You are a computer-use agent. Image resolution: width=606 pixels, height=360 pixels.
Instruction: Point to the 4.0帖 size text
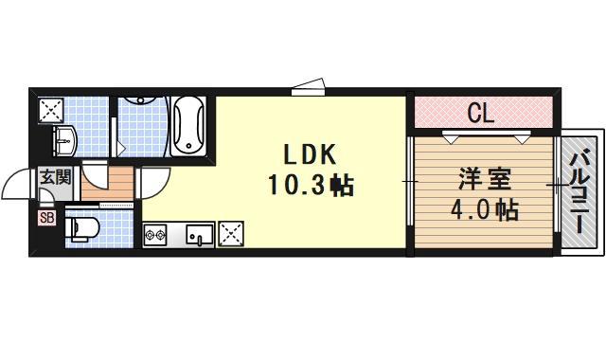pos(481,209)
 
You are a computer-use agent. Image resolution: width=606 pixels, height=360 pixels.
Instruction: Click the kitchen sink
pos(200,233)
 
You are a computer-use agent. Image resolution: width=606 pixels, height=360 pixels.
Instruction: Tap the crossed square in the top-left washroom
pos(49,110)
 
